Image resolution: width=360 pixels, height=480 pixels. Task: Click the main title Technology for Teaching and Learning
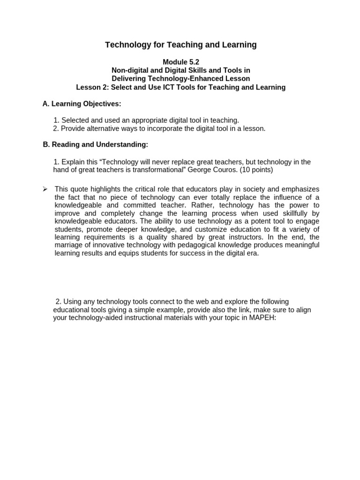180,45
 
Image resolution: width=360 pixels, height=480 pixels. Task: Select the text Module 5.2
180,62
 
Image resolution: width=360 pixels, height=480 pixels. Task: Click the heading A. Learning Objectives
82,104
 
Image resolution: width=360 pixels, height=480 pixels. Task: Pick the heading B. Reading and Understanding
95,145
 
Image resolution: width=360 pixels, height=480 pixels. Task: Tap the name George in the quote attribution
200,170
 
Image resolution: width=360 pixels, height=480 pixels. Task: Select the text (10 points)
256,170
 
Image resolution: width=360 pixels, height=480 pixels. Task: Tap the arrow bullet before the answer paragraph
45,189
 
